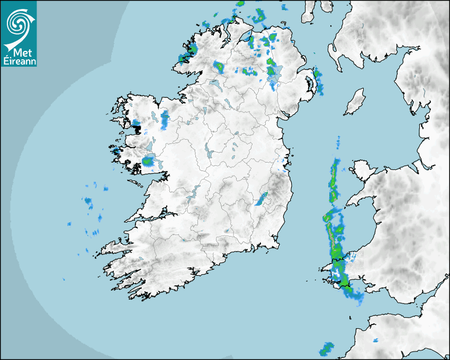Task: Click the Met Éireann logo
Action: (19, 33)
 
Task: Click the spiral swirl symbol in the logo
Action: (17, 22)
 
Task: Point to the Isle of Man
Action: (355, 102)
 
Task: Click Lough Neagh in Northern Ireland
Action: (275, 75)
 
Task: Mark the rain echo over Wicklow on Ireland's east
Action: (262, 200)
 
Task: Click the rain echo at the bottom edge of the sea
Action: (326, 349)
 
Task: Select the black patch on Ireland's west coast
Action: (137, 127)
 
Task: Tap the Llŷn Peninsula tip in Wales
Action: (347, 202)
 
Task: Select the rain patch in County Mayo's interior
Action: (165, 119)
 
